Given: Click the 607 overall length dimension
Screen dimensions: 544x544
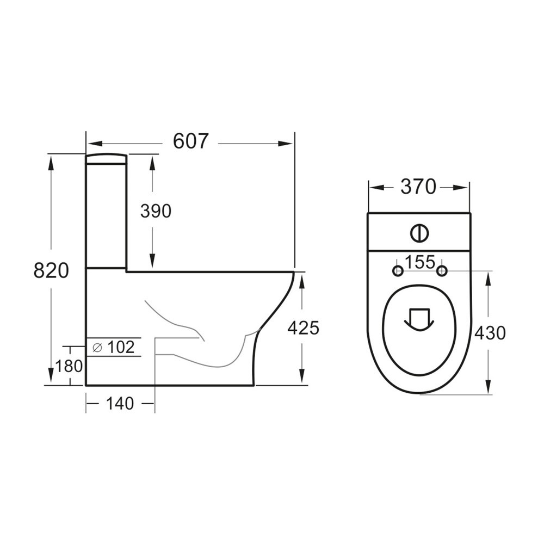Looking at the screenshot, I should pyautogui.click(x=190, y=141).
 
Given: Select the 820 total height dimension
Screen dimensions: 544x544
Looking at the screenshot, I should pyautogui.click(x=51, y=270).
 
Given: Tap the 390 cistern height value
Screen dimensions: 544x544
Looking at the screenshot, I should pyautogui.click(x=156, y=211).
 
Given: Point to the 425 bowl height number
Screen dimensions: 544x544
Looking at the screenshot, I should pyautogui.click(x=303, y=328).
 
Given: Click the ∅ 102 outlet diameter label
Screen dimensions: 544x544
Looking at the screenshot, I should pyautogui.click(x=114, y=347).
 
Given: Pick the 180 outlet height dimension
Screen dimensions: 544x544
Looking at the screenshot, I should pyautogui.click(x=69, y=366).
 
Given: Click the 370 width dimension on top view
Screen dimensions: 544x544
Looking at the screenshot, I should pyautogui.click(x=418, y=187).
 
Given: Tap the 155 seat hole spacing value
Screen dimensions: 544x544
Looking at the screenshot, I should pyautogui.click(x=419, y=262).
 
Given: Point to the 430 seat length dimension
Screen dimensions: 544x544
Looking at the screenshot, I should pyautogui.click(x=490, y=332).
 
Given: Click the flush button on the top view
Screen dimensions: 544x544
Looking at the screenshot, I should pyautogui.click(x=419, y=233).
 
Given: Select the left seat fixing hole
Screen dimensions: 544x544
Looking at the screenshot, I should pyautogui.click(x=398, y=270).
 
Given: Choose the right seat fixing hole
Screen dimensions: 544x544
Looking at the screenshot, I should pyautogui.click(x=442, y=270).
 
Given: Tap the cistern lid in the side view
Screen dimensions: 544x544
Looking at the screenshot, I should pyautogui.click(x=106, y=158).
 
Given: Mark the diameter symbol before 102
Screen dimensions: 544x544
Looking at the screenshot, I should pyautogui.click(x=97, y=347).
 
